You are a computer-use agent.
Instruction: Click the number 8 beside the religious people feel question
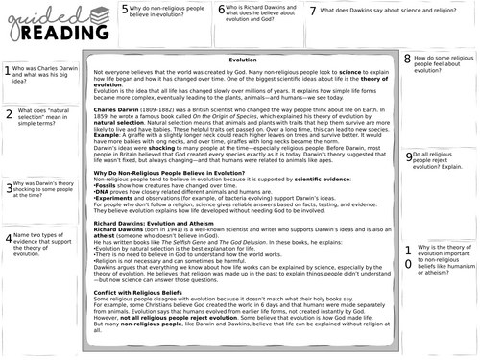tap(407, 60)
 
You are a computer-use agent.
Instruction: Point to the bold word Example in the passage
tap(109, 135)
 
